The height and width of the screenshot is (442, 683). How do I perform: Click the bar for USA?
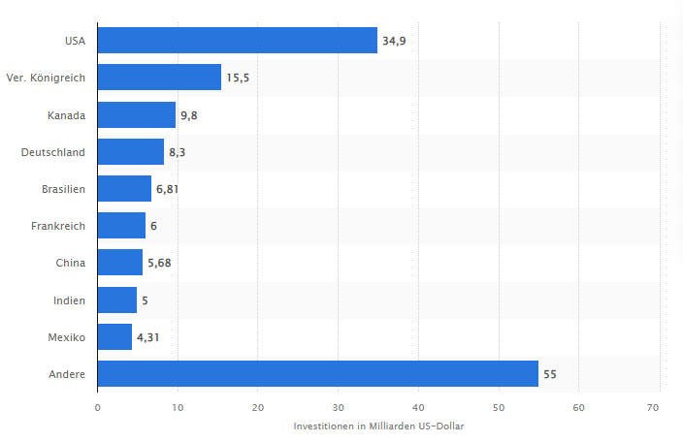tap(237, 41)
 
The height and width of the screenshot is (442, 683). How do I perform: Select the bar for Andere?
tap(317, 374)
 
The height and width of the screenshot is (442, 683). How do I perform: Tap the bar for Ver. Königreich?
tap(159, 78)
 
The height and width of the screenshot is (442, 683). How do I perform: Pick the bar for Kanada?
tap(137, 115)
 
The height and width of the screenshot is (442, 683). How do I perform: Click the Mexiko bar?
tap(114, 337)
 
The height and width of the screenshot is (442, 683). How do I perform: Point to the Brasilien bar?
tap(124, 189)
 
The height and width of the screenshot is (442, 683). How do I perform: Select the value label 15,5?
tap(238, 78)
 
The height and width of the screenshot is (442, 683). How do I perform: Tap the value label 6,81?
tap(167, 189)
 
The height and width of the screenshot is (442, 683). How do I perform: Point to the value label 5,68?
tap(158, 263)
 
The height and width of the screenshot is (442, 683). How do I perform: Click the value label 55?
tap(550, 374)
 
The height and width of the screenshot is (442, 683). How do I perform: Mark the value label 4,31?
tap(147, 337)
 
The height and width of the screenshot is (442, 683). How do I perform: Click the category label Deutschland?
tap(53, 152)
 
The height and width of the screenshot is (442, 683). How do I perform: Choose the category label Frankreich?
tap(58, 226)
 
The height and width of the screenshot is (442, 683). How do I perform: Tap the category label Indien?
tap(70, 300)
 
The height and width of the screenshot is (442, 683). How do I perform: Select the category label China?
tap(71, 263)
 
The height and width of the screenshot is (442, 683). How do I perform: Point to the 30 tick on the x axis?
tap(338, 407)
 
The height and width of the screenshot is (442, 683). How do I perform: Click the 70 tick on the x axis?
tap(659, 407)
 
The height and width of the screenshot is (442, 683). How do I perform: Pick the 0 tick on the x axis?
tap(98, 407)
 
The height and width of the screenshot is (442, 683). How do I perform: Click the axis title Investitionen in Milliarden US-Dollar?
tap(378, 426)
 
